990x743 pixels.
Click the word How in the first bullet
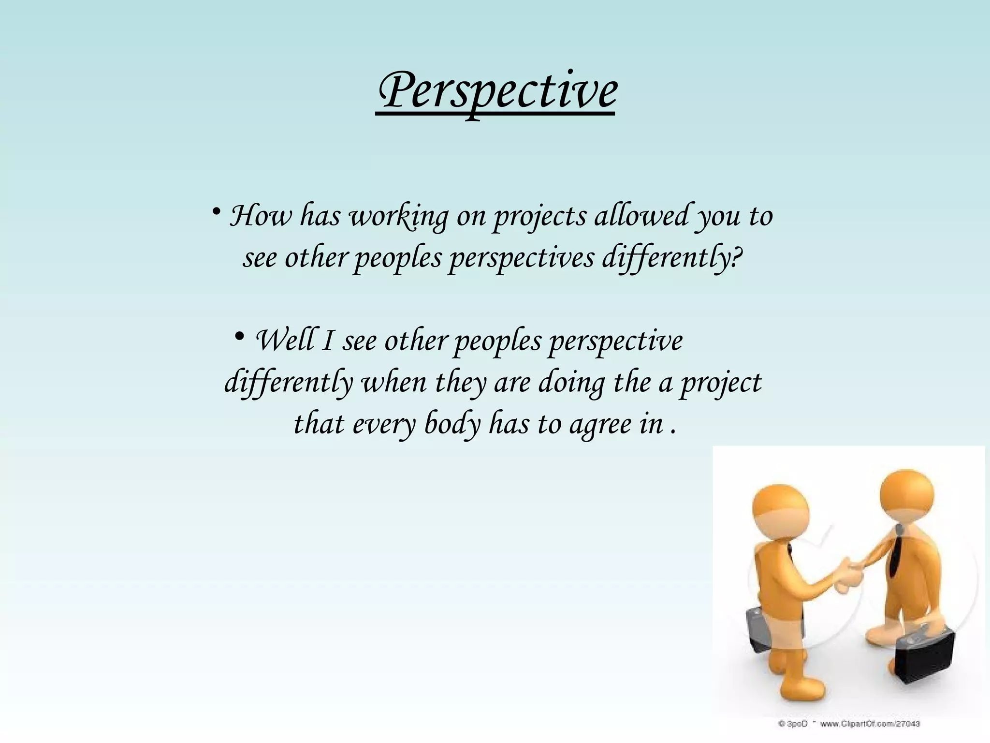tap(261, 216)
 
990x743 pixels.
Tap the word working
tap(398, 217)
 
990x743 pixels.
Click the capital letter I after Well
tap(327, 341)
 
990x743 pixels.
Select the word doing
tap(570, 383)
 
